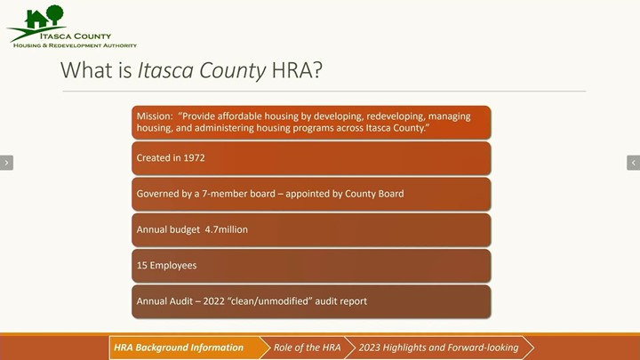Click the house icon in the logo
click(36, 20)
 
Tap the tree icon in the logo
click(55, 15)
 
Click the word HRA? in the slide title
click(297, 70)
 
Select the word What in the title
click(85, 70)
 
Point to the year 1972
click(195, 158)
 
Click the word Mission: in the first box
click(155, 116)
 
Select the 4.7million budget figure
click(226, 229)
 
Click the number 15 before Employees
click(141, 265)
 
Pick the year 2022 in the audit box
click(214, 301)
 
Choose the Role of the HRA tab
click(307, 348)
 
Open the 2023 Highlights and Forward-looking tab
click(439, 348)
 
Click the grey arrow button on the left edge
click(6, 163)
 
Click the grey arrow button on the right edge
click(633, 163)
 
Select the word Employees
click(173, 266)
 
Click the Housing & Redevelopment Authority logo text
click(75, 45)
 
